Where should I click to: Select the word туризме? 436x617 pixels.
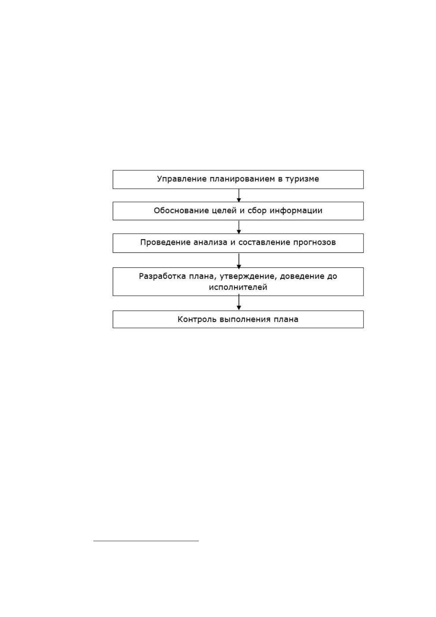point(302,179)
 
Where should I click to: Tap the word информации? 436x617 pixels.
point(296,211)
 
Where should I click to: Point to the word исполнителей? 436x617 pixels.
point(238,287)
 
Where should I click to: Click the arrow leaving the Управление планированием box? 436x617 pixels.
point(239,195)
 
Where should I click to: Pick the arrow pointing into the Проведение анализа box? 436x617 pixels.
point(239,227)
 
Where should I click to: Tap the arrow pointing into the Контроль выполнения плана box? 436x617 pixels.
point(239,302)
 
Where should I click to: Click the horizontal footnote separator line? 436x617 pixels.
point(146,541)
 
